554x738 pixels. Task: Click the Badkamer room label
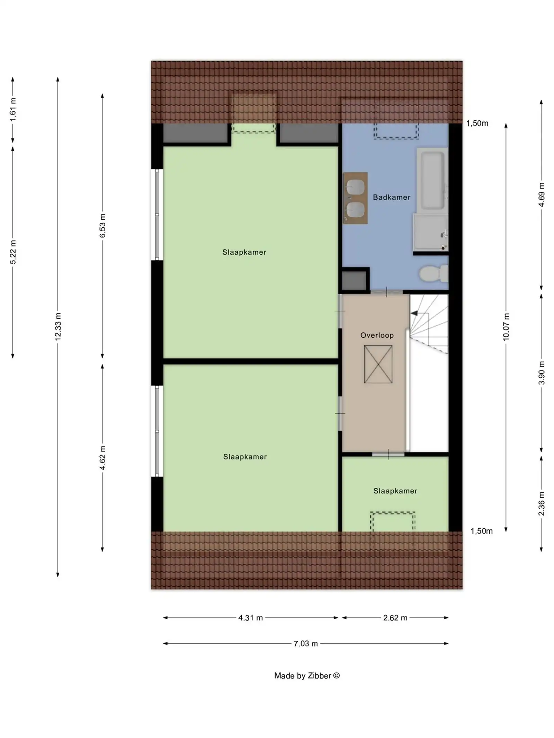(x=391, y=197)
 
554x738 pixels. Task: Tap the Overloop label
(x=377, y=335)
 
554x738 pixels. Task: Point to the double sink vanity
(x=355, y=198)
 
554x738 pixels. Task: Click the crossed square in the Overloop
(x=378, y=364)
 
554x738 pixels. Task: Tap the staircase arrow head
(x=414, y=313)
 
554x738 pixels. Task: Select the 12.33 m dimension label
(x=58, y=326)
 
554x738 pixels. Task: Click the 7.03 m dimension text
(x=305, y=644)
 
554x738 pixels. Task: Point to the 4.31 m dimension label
(x=250, y=618)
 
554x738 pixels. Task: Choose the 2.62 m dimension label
(x=395, y=618)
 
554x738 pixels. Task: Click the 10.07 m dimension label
(x=506, y=327)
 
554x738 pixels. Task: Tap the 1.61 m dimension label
(x=13, y=109)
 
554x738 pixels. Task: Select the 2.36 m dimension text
(x=541, y=503)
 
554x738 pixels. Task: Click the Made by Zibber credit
(x=307, y=676)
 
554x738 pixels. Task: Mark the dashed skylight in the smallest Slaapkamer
(x=393, y=521)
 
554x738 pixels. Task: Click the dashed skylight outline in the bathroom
(x=396, y=131)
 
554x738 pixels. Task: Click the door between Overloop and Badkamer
(x=386, y=292)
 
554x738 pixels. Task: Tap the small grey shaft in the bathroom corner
(x=354, y=281)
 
